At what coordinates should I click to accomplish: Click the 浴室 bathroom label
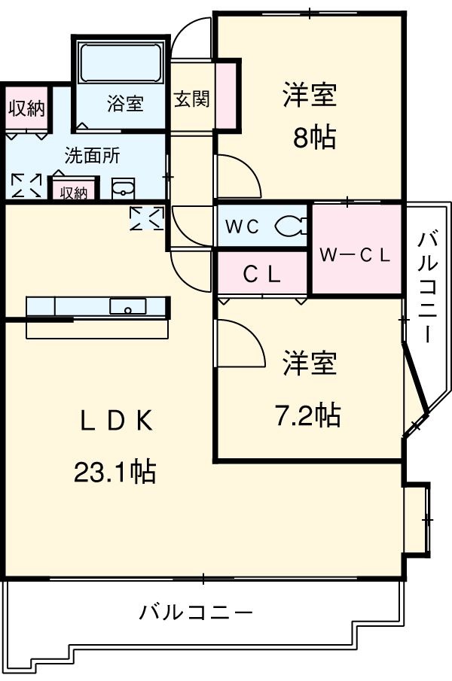pyautogui.click(x=125, y=104)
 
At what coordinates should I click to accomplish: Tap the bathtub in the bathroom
pyautogui.click(x=121, y=63)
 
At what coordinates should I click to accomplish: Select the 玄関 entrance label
pyautogui.click(x=192, y=99)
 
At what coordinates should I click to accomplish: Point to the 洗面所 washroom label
pyautogui.click(x=92, y=157)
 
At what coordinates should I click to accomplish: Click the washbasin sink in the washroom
pyautogui.click(x=123, y=189)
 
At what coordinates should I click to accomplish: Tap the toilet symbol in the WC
pyautogui.click(x=291, y=225)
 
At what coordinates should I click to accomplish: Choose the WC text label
pyautogui.click(x=243, y=226)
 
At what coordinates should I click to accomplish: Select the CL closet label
pyautogui.click(x=261, y=275)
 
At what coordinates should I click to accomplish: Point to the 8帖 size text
pyautogui.click(x=314, y=138)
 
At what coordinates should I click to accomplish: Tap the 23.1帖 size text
pyautogui.click(x=115, y=472)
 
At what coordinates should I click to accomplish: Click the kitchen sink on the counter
pyautogui.click(x=128, y=306)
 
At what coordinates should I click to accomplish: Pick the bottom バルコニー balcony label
pyautogui.click(x=196, y=611)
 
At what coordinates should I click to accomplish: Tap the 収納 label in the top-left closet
pyautogui.click(x=26, y=108)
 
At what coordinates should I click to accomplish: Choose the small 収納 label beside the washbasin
pyautogui.click(x=73, y=193)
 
